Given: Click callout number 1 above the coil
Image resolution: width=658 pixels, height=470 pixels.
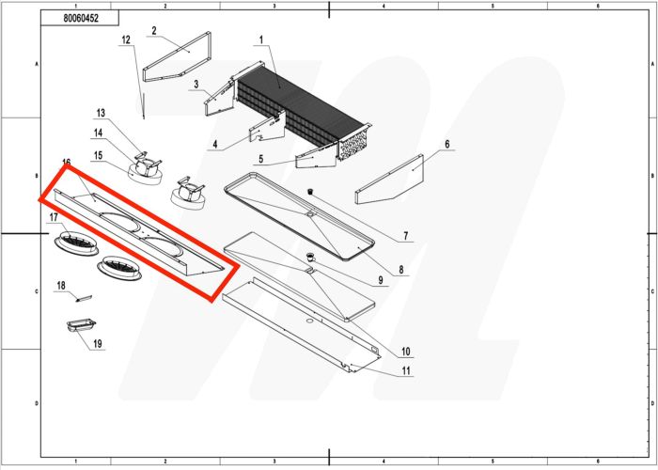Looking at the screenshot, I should pos(261,39).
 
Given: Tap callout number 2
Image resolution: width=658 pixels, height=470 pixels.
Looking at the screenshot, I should pos(153,30).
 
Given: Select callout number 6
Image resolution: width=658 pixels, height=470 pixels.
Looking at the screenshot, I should pos(447,144).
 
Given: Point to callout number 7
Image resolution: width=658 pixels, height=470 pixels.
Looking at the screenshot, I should pos(405,235).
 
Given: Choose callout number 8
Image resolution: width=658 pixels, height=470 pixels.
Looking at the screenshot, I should pos(401,270).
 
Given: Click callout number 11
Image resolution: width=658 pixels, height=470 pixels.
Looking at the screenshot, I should pos(405,371).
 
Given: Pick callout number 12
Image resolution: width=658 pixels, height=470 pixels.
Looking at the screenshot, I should pos(126,39).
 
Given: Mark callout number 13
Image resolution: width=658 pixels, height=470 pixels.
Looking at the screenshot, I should pos(102,112).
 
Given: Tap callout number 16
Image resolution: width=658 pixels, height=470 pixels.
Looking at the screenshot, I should pos(67,164).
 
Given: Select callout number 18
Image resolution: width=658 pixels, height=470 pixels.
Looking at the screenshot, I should pos(61,284).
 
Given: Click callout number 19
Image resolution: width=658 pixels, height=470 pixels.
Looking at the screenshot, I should pos(97,344).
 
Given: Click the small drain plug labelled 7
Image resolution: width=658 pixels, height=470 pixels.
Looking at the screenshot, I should pos(307,192).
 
